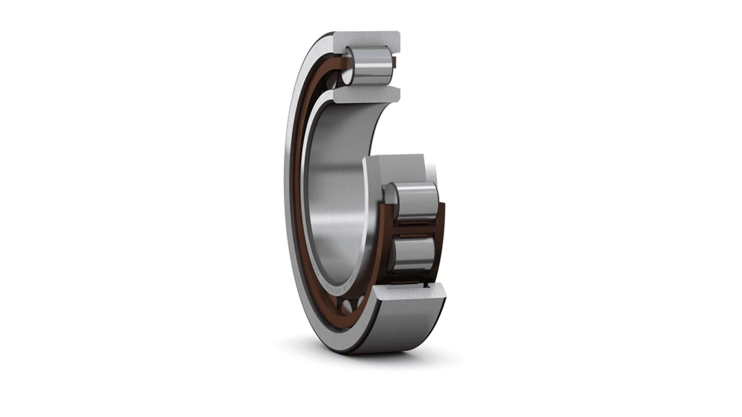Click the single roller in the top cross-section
372,65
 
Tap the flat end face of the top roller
349,65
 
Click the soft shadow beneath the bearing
366,358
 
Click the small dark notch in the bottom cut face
428,286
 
